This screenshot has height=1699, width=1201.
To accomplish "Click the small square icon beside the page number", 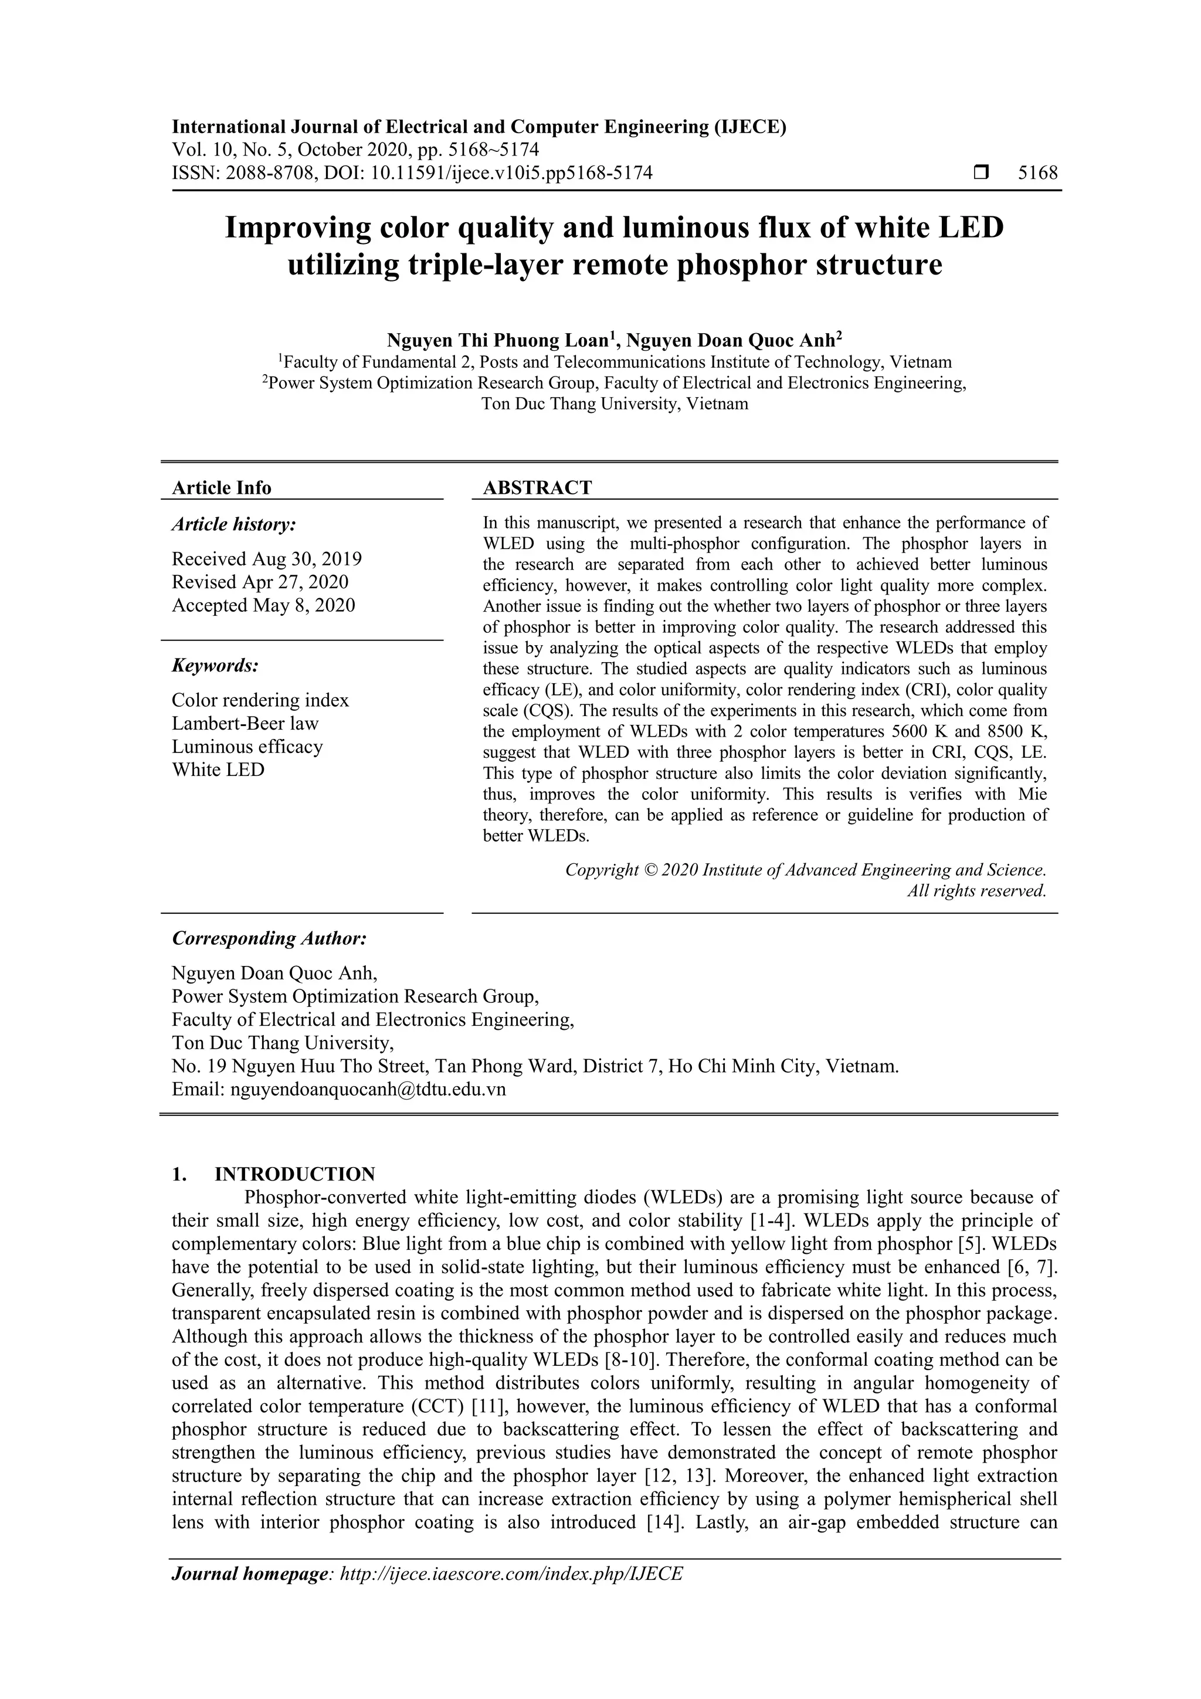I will coord(981,173).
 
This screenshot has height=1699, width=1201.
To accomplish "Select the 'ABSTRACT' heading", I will coord(537,487).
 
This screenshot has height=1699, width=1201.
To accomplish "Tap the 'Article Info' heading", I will coord(221,487).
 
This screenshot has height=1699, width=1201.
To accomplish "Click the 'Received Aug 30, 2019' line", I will coord(266,559).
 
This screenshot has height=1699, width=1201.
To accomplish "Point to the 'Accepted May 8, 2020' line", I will coord(263,605).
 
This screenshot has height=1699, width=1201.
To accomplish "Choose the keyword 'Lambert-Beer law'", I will coord(245,723).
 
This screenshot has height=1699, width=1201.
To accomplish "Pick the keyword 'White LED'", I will coord(218,769).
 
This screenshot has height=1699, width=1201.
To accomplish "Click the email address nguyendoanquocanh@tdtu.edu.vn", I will coord(368,1090).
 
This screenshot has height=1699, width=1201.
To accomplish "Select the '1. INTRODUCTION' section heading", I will coord(274,1174).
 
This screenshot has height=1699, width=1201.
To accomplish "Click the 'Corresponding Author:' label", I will coord(269,938).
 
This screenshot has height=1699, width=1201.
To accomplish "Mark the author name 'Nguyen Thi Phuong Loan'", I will coord(497,340).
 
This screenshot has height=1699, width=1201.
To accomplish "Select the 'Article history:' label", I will coord(234,525).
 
